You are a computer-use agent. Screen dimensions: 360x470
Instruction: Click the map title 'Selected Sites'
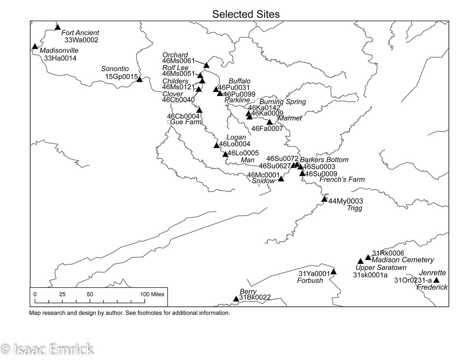click(246, 14)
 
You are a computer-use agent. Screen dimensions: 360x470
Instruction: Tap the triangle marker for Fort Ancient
click(58, 27)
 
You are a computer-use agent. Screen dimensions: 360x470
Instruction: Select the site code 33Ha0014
click(60, 58)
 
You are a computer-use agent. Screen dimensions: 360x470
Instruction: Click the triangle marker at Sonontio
click(139, 79)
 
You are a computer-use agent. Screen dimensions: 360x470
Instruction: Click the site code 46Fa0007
click(267, 129)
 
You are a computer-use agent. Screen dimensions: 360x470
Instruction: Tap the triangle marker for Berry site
click(235, 299)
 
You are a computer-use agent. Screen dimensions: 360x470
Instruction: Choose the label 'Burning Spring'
click(282, 102)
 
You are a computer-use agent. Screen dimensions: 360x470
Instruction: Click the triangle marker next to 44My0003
click(324, 199)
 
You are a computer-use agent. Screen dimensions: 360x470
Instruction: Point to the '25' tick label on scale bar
click(62, 294)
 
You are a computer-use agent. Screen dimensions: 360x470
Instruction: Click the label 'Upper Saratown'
click(381, 268)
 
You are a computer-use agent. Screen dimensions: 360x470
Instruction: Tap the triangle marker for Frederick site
click(436, 281)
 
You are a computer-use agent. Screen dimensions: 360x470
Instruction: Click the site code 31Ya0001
click(314, 273)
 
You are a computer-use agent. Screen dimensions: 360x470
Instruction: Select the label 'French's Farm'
click(342, 180)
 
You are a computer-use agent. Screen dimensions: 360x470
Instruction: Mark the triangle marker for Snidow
click(281, 179)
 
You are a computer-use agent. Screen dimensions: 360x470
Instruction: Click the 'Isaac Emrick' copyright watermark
click(47, 349)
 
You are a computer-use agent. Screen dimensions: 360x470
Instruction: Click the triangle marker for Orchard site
click(207, 65)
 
